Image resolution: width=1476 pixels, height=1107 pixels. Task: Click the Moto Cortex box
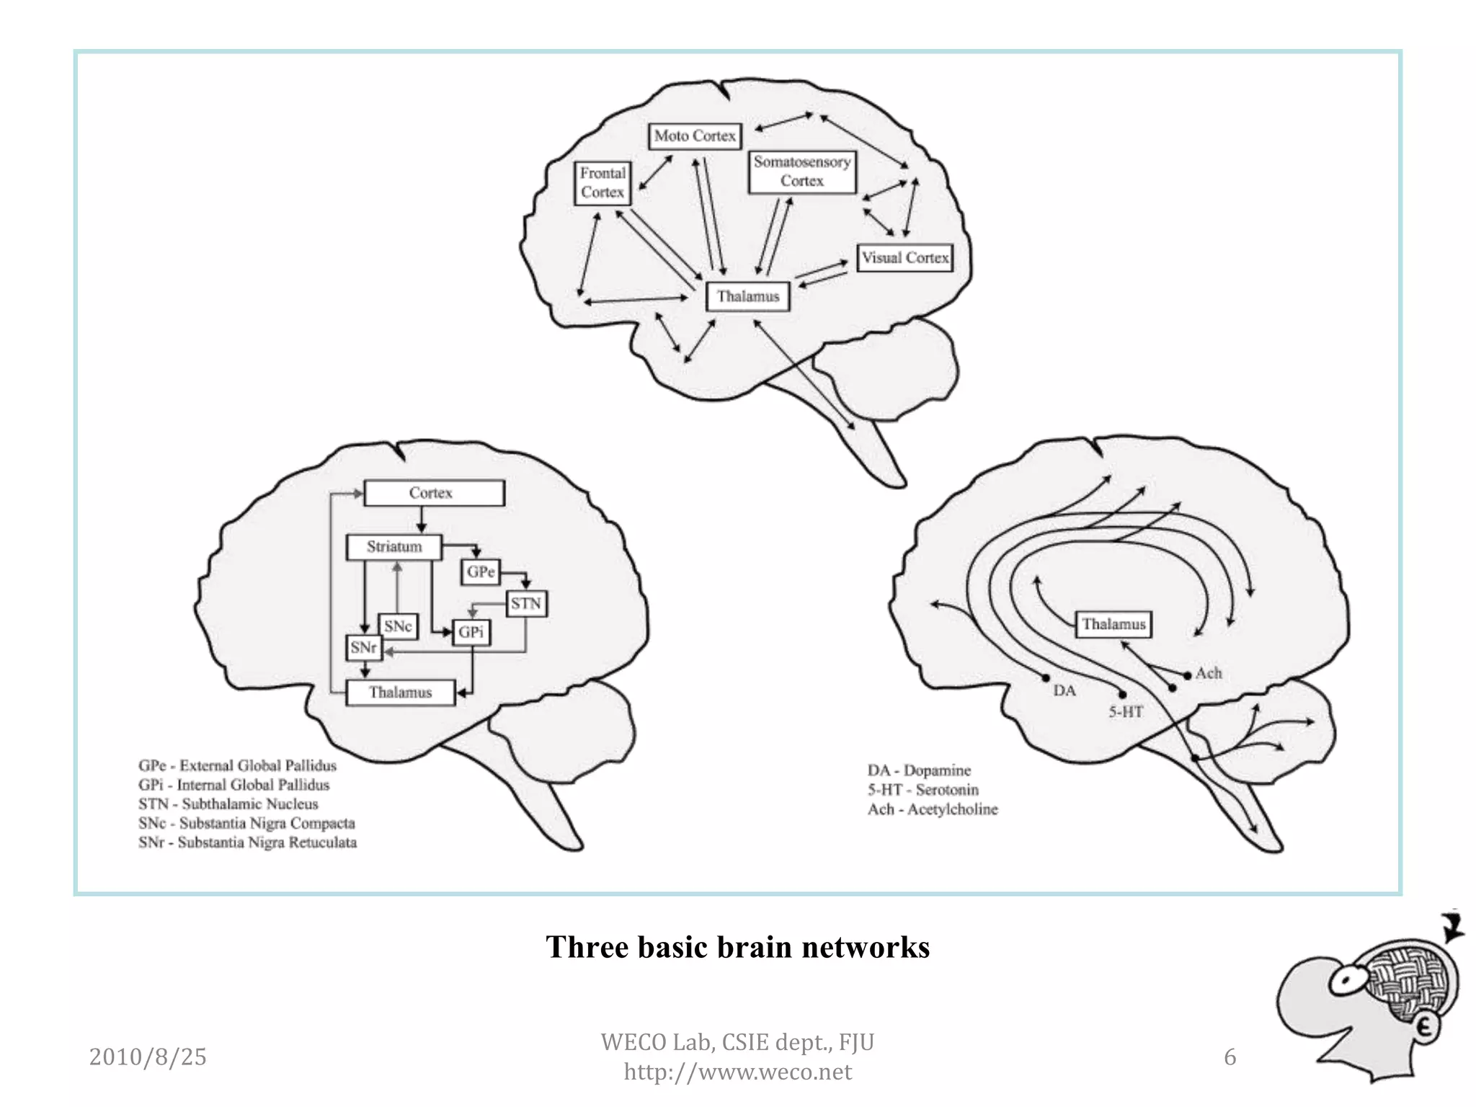(695, 136)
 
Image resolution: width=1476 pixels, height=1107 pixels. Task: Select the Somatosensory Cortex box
(802, 172)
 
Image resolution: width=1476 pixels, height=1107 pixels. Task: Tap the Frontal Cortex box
(603, 183)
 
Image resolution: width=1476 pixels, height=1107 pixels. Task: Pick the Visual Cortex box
(905, 258)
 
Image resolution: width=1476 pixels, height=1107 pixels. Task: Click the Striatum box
(394, 547)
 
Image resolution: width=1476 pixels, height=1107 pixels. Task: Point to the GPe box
(480, 572)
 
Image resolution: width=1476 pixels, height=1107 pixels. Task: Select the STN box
(525, 604)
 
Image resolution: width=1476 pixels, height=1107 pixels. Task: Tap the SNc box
(398, 626)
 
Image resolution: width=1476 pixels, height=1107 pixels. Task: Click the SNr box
(363, 647)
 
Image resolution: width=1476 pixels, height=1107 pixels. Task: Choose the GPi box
(471, 633)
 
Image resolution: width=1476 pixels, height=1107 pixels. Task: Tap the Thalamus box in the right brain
(1113, 624)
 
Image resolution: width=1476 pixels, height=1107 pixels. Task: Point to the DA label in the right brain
(1064, 690)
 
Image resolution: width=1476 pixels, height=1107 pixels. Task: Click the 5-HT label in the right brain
(1126, 712)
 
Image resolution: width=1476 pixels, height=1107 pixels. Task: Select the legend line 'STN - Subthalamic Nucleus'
(228, 804)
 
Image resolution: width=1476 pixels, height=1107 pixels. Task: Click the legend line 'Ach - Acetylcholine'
(933, 809)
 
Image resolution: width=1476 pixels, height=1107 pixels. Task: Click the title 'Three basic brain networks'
(738, 947)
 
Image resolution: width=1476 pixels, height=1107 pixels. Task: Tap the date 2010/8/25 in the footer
(148, 1057)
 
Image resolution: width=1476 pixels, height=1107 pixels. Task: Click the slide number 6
(1230, 1057)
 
